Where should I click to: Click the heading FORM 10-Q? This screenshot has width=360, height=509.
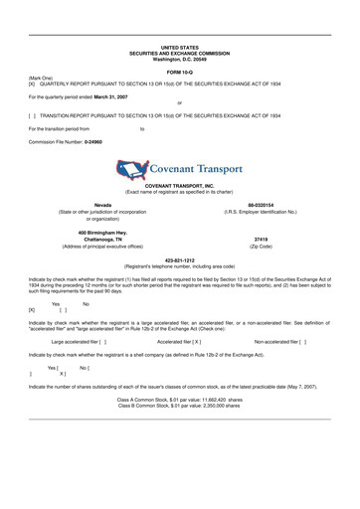click(180, 73)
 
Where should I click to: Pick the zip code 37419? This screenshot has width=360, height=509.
click(261, 240)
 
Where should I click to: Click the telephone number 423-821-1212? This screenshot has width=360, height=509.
click(180, 260)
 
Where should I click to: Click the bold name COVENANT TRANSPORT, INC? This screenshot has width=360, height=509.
click(180, 186)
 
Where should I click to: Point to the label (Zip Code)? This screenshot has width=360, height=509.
click(261, 247)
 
